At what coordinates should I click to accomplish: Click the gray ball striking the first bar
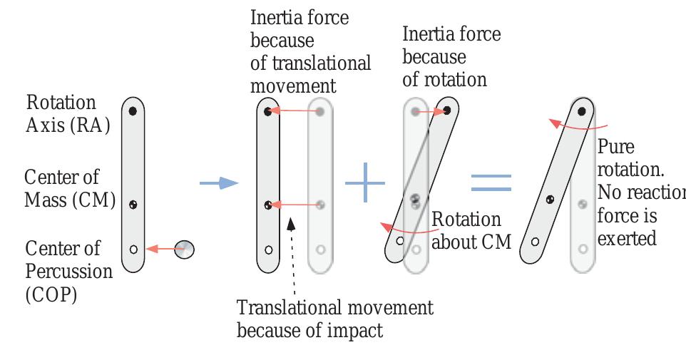click(x=184, y=250)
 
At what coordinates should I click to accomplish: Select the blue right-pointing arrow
click(x=219, y=182)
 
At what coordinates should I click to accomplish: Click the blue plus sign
click(x=365, y=182)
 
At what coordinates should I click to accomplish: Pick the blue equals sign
click(x=491, y=182)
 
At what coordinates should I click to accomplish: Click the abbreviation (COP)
click(x=51, y=295)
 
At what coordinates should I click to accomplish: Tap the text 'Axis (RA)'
click(x=68, y=125)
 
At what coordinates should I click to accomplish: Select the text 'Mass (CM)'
click(x=70, y=200)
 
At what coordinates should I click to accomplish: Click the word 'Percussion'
click(x=68, y=272)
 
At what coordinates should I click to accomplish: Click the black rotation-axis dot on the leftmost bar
click(x=133, y=111)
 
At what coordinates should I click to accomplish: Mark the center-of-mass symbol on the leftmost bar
click(x=133, y=205)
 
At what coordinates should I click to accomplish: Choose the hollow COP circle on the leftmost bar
click(x=133, y=250)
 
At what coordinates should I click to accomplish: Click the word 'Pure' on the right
click(x=616, y=147)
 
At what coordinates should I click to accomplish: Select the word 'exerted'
click(x=627, y=239)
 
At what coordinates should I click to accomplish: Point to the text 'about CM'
click(x=471, y=242)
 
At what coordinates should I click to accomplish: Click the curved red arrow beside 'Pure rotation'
click(x=578, y=125)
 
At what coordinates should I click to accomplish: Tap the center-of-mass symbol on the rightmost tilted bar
click(x=550, y=200)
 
